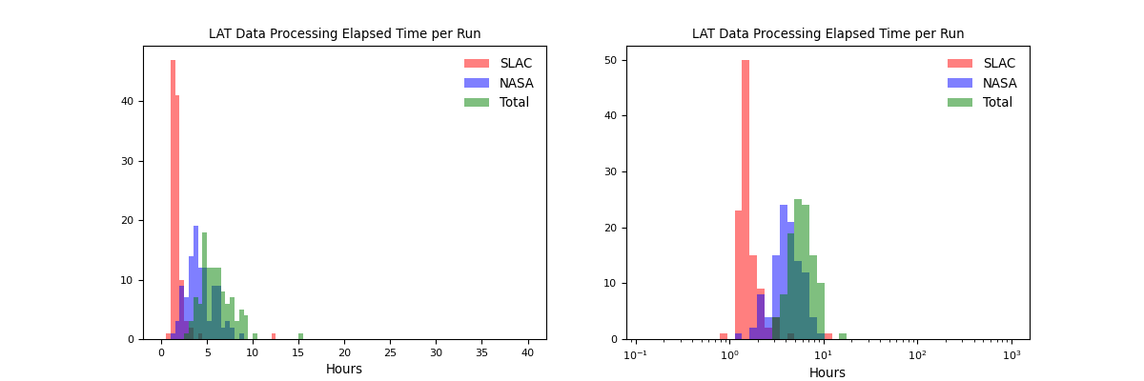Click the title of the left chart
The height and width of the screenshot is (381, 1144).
click(344, 34)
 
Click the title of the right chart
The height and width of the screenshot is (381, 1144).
click(827, 34)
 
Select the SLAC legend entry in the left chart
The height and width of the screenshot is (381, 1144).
click(516, 64)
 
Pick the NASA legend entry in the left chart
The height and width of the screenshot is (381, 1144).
click(516, 83)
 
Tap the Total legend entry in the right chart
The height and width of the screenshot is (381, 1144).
click(997, 102)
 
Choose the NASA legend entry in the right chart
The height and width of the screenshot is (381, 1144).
click(999, 83)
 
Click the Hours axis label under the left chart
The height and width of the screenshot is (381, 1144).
click(344, 370)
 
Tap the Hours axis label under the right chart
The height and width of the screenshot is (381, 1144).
click(827, 373)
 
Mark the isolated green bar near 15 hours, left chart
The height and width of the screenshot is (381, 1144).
click(300, 336)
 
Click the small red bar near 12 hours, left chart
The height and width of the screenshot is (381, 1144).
click(274, 336)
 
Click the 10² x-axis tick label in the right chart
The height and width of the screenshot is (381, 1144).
click(917, 354)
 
